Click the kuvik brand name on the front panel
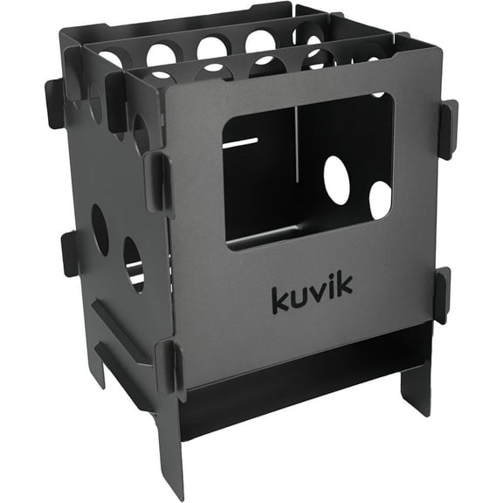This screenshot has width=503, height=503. tap(312, 298)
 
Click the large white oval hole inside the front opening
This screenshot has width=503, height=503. tap(337, 182)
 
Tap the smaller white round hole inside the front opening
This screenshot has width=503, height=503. tap(380, 200)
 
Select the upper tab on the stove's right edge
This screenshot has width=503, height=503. tap(447, 128)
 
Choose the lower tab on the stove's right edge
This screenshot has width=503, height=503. tap(442, 295)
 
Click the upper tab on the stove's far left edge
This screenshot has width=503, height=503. tap(53, 103)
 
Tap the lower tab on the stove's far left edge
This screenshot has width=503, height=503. tap(70, 253)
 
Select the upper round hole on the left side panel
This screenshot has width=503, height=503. tap(100, 230)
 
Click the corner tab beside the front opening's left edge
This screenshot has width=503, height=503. tap(158, 183)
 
